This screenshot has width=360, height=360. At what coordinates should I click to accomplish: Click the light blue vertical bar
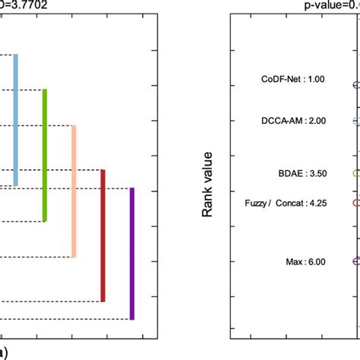[x=16, y=120]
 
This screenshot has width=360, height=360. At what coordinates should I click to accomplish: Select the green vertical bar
[x=45, y=156]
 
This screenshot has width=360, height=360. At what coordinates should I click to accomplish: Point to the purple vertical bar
[x=131, y=254]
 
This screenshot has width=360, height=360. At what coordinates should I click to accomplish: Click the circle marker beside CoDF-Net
[x=356, y=86]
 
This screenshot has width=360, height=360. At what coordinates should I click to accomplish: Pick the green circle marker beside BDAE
[x=356, y=173]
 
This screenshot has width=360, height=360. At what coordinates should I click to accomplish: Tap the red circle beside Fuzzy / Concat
[x=356, y=203]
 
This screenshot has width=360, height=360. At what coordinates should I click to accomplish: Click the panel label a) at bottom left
[x=4, y=352]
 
